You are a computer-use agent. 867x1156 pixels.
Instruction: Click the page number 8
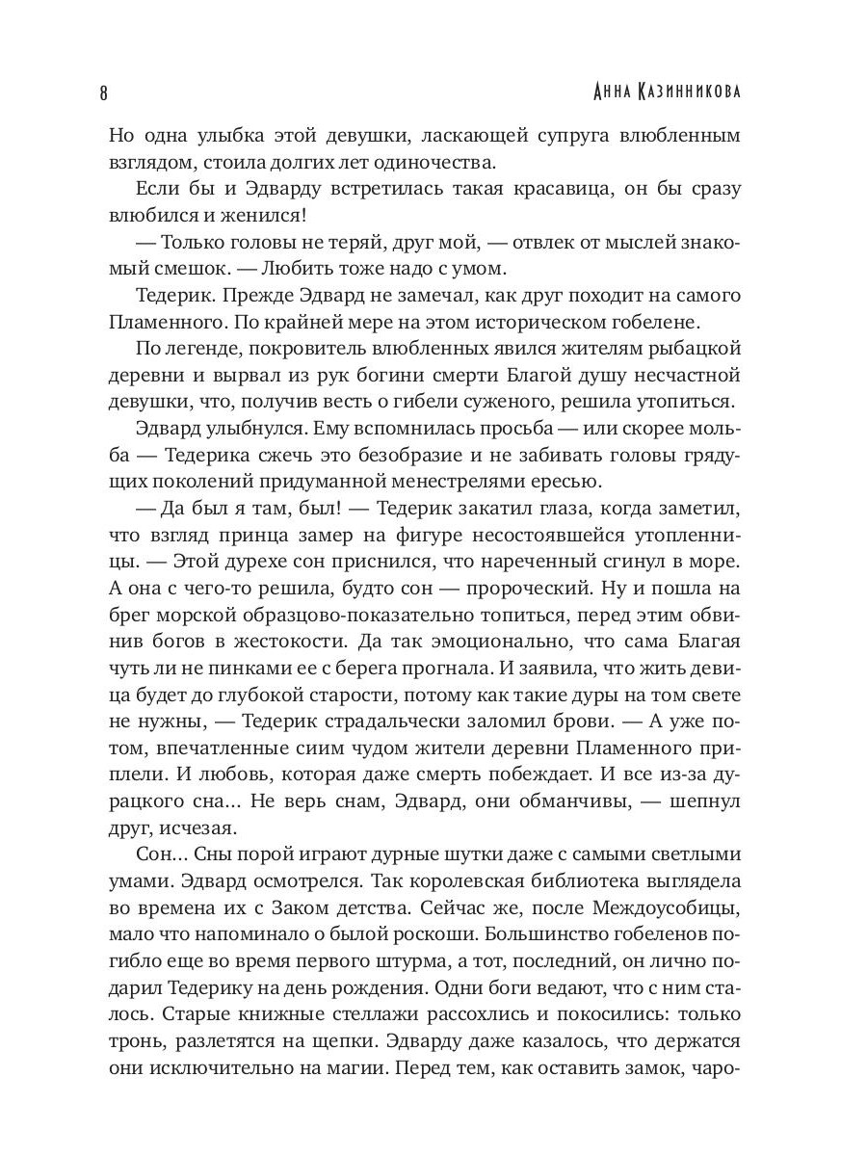click(103, 92)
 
